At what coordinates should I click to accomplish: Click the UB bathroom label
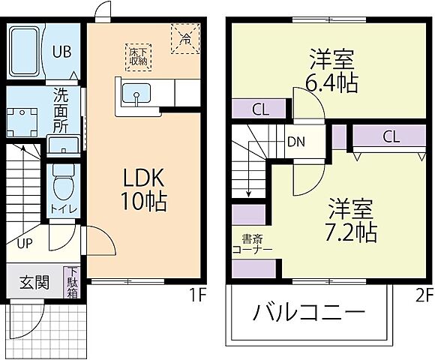tap(61, 53)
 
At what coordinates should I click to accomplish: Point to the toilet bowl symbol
tap(62, 184)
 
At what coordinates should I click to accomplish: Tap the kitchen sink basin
tap(136, 95)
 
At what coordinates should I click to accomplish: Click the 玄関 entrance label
tap(34, 283)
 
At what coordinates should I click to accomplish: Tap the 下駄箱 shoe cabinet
tap(73, 283)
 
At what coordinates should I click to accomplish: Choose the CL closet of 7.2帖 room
tap(390, 137)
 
